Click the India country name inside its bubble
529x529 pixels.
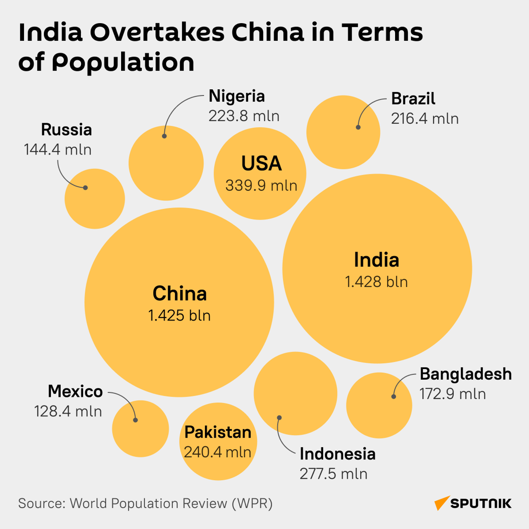[376, 260]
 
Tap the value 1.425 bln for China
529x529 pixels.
[179, 316]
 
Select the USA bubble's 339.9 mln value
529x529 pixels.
[261, 186]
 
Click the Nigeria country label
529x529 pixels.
[237, 96]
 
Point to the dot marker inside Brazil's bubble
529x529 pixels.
[358, 127]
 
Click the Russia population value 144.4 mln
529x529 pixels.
[58, 150]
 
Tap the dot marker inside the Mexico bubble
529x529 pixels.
[136, 420]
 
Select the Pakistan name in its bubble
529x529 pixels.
[218, 432]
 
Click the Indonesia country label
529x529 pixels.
[338, 454]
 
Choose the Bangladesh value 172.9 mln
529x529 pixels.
[453, 394]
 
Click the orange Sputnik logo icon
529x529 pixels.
[441, 503]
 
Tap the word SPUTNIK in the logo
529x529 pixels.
[481, 503]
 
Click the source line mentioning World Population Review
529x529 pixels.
[145, 503]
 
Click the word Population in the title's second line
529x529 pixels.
[123, 62]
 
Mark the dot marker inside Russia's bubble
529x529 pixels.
[86, 188]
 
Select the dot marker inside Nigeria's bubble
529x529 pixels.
[164, 136]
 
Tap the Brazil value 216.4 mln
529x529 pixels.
[425, 119]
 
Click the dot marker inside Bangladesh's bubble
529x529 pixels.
[394, 396]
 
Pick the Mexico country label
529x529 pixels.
[75, 391]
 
